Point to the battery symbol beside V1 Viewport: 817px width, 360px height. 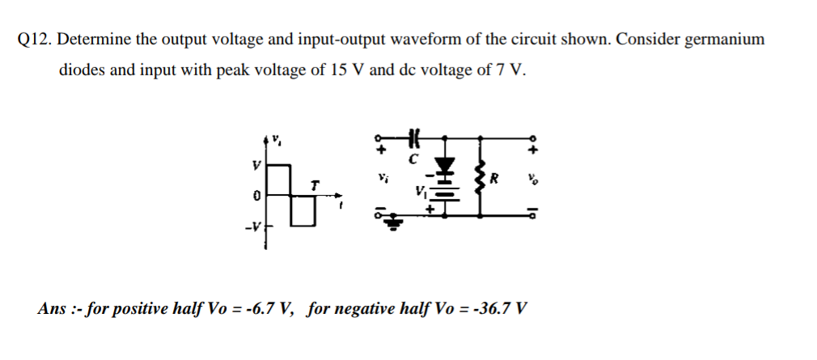pos(443,194)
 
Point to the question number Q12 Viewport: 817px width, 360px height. pos(34,40)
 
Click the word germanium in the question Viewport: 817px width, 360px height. pos(724,40)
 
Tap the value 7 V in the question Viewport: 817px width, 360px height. pos(506,70)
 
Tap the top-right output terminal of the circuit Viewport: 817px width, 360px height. pos(532,138)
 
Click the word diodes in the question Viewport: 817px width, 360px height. pos(82,70)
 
